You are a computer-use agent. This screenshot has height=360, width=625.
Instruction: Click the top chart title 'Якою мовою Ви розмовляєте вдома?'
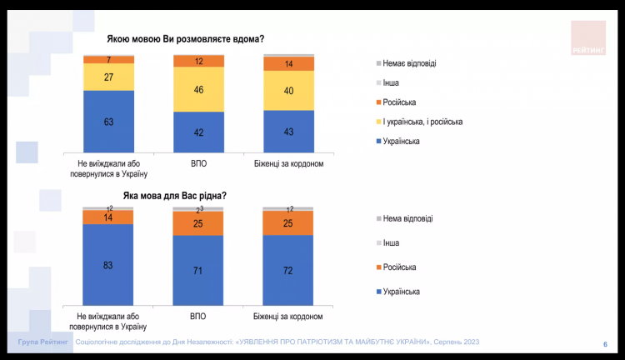tap(186, 39)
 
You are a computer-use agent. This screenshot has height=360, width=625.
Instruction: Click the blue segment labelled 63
tap(108, 122)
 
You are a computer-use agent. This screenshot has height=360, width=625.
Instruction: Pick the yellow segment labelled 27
tap(108, 77)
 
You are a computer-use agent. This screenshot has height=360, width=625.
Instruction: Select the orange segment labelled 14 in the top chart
tap(288, 64)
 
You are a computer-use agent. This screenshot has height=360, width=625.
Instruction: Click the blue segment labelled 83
tap(108, 265)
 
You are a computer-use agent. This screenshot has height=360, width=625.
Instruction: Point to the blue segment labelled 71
tap(198, 271)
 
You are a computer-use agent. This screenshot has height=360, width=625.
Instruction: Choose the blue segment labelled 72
tap(288, 271)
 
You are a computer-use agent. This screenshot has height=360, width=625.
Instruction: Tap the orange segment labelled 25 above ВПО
tap(198, 223)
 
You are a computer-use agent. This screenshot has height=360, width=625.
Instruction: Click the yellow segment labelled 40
tap(288, 90)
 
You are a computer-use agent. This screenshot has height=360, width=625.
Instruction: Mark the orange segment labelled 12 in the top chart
tap(198, 61)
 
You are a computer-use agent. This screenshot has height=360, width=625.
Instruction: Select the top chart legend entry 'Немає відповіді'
tap(408, 63)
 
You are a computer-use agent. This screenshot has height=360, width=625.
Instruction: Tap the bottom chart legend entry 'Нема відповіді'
tap(407, 218)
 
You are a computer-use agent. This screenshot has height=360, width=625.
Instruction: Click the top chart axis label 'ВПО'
tap(198, 163)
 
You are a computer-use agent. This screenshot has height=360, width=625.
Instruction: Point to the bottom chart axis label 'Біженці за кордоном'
tap(288, 317)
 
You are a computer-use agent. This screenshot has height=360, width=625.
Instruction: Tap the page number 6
tap(604, 343)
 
